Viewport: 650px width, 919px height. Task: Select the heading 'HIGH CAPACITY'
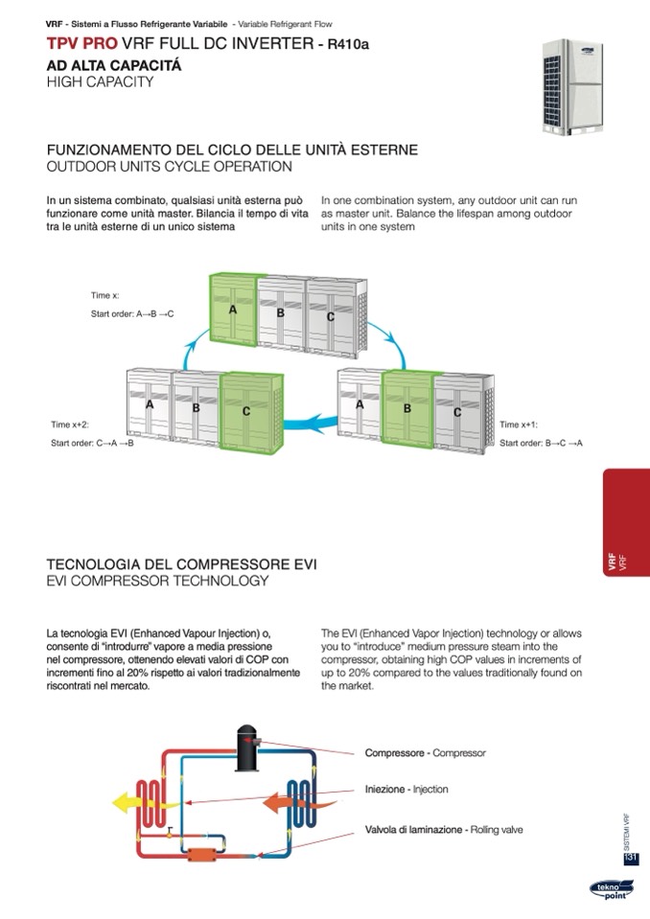pyautogui.click(x=100, y=82)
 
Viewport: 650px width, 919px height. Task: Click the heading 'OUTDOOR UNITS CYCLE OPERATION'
pyautogui.click(x=170, y=167)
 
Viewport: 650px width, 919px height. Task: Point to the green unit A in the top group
pyautogui.click(x=233, y=309)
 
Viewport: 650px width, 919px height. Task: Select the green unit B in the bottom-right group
pyautogui.click(x=407, y=406)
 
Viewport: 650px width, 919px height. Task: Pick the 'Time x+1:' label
pyautogui.click(x=519, y=425)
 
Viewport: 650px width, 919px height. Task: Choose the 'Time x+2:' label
pyautogui.click(x=70, y=425)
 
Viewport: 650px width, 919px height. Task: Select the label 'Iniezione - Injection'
pyautogui.click(x=406, y=790)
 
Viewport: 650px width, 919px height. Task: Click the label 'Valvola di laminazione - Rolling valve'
pyautogui.click(x=444, y=829)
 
